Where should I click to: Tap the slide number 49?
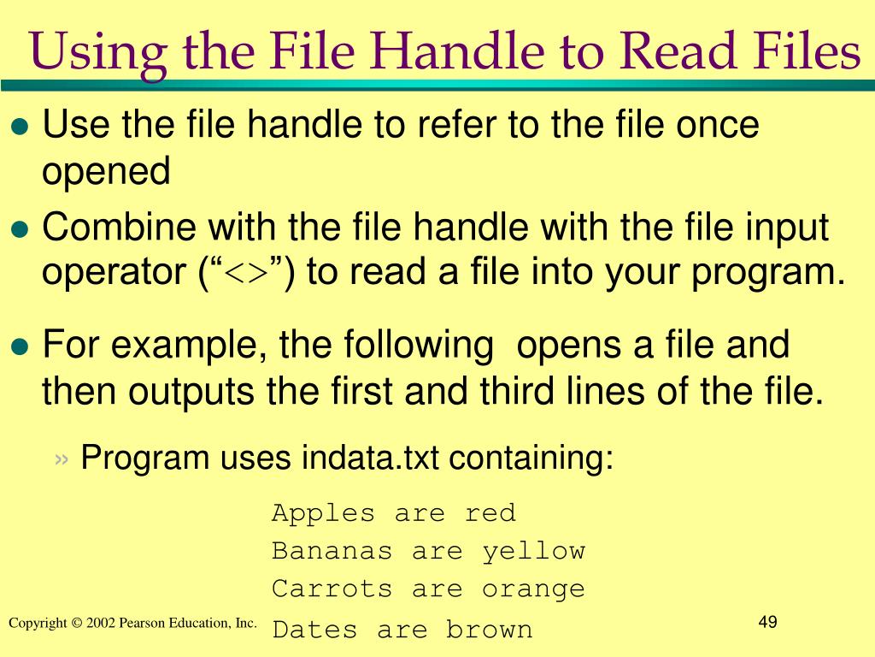coord(766,622)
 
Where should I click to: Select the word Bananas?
coord(332,551)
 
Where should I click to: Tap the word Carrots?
coord(332,589)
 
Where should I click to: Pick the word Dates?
coord(314,630)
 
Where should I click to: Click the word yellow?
coord(533,551)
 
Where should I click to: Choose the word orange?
coord(533,589)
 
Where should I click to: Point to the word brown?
coord(489,630)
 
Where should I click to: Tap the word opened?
coord(107,172)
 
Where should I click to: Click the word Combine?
coord(116,228)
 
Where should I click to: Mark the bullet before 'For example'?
coord(21,347)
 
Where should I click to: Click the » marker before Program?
coord(61,459)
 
